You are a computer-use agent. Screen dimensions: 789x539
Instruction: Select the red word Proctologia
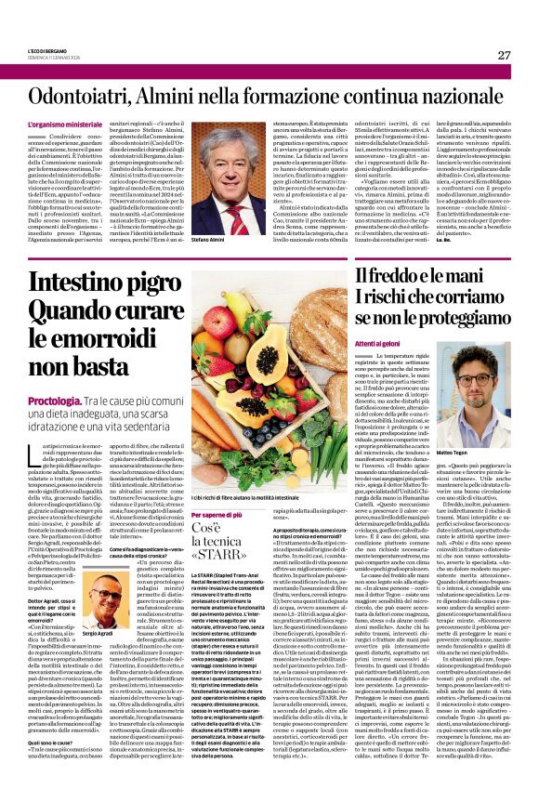[55, 400]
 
